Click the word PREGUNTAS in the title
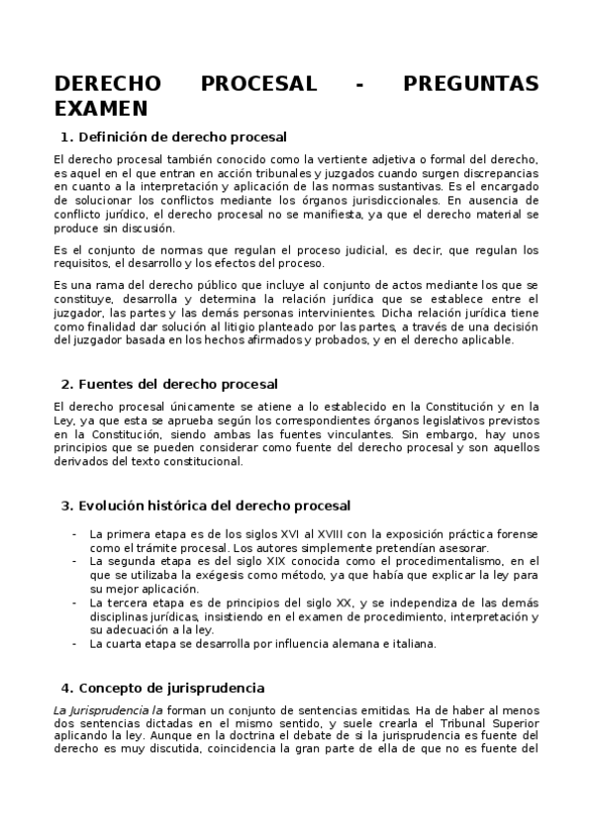coord(471,84)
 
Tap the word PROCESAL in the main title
coord(258,84)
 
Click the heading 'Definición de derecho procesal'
coord(182,137)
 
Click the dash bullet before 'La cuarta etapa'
coord(75,643)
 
